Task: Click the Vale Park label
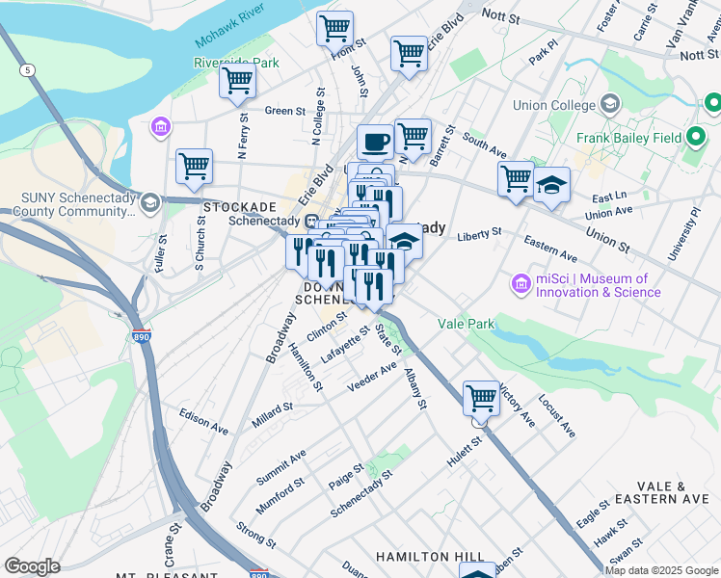coord(467,325)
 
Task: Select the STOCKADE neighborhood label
coord(240,207)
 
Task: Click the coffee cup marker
coord(375,142)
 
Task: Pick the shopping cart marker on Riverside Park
coord(237,81)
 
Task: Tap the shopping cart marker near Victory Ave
coord(481,397)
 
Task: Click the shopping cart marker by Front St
coord(334,29)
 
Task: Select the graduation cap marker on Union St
coord(551,186)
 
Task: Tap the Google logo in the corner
coord(32,566)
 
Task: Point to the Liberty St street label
coord(479,233)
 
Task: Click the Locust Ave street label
coord(556,415)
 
